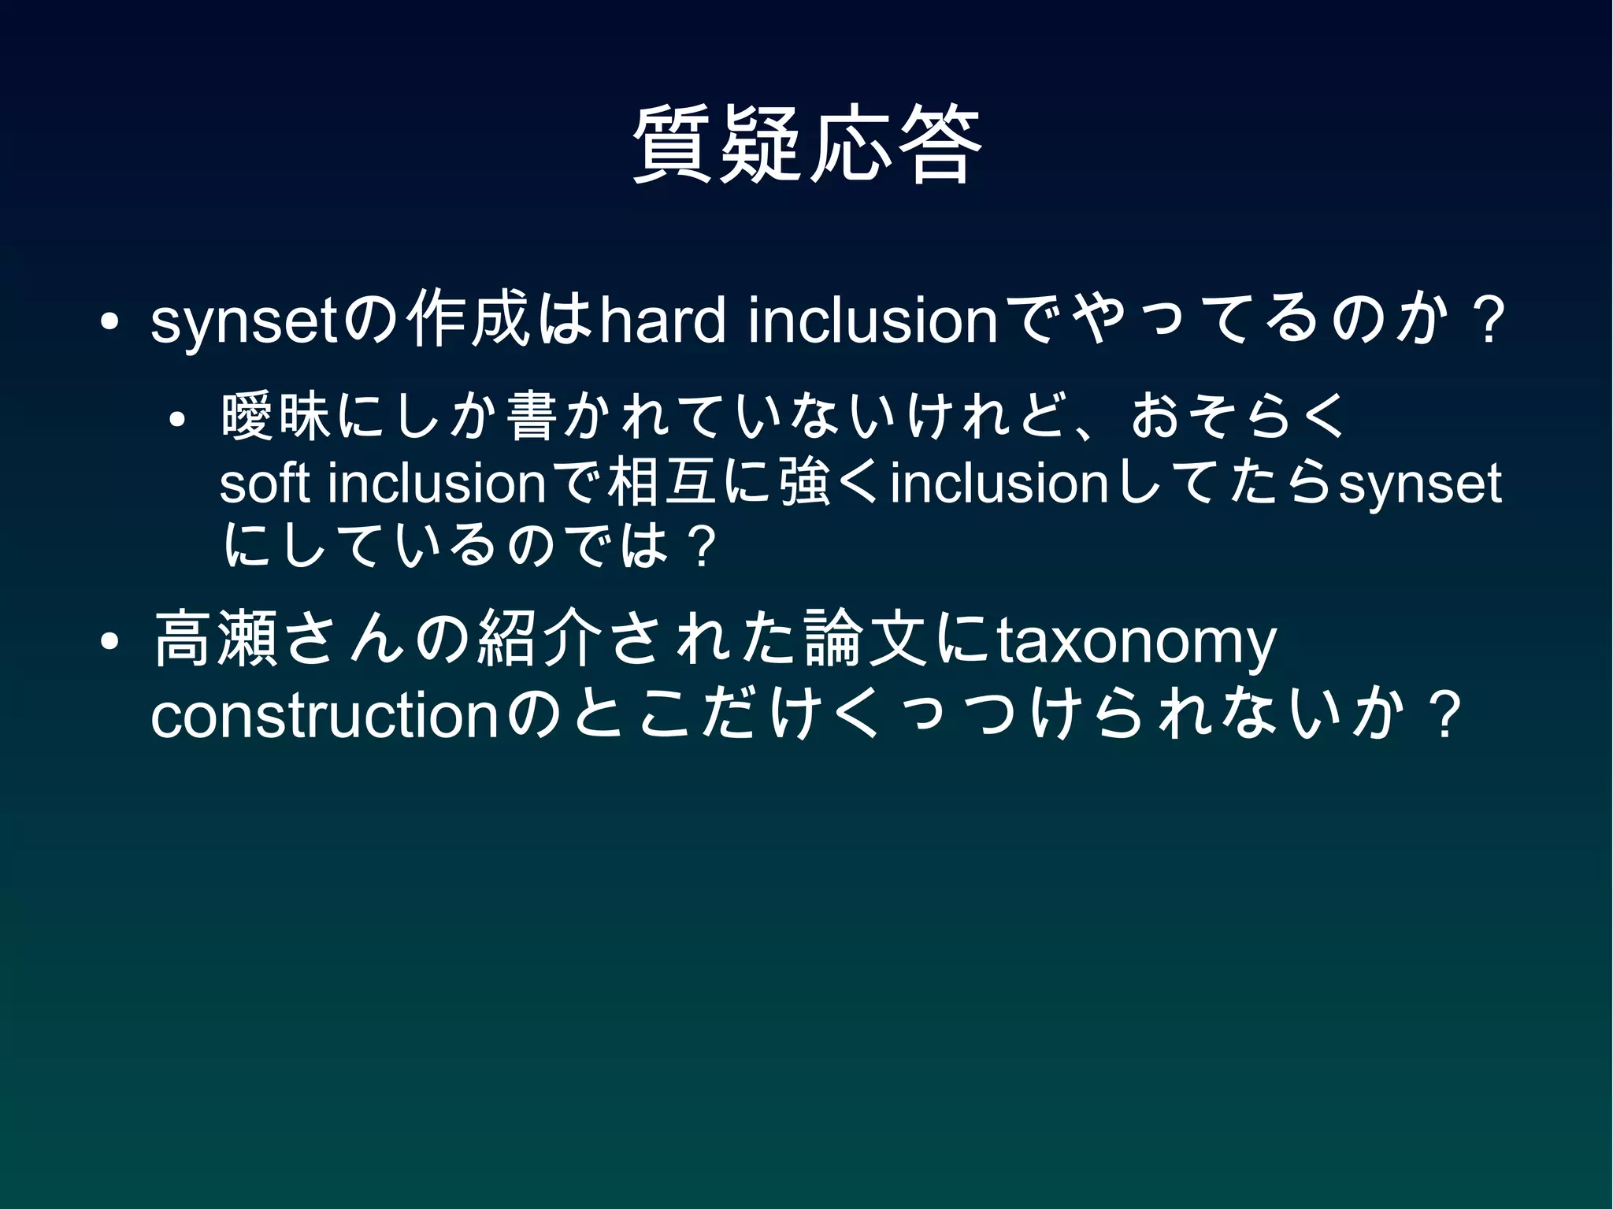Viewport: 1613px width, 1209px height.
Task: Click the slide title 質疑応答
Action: (806, 145)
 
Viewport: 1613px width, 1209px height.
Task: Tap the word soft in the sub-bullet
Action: (265, 484)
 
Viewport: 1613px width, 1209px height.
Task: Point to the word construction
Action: (324, 717)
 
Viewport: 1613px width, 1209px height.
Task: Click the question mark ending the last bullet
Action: (1444, 717)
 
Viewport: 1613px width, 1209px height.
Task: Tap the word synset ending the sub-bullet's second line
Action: (1420, 484)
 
